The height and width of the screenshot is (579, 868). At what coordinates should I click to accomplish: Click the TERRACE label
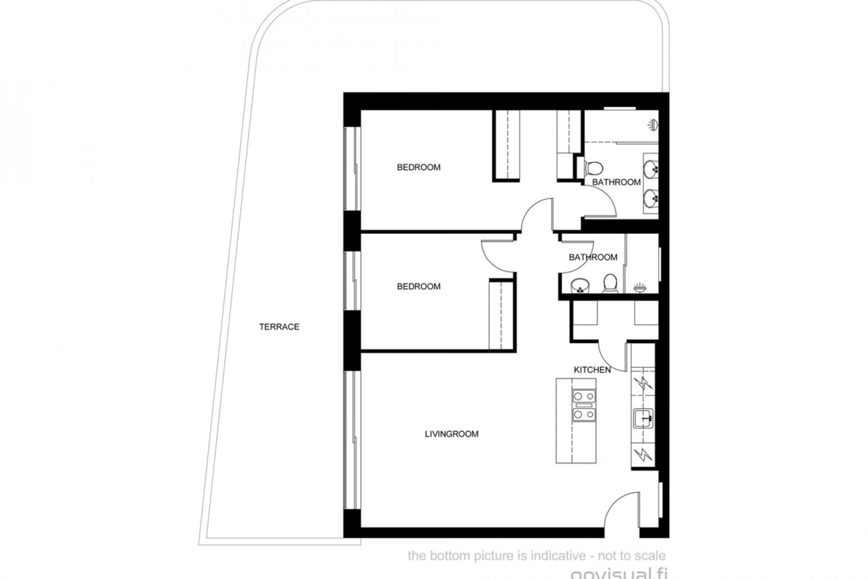(279, 327)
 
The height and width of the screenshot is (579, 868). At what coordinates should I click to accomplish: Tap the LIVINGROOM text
(451, 434)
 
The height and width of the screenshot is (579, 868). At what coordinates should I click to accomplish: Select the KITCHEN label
(592, 370)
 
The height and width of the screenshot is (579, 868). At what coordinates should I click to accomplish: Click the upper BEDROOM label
(419, 167)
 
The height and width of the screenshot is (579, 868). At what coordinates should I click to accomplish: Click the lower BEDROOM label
(419, 286)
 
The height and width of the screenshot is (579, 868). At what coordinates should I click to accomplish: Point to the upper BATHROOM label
(616, 182)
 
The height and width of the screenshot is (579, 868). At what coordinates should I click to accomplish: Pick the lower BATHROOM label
(593, 257)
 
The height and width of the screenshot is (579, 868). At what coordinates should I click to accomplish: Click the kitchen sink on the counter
(642, 418)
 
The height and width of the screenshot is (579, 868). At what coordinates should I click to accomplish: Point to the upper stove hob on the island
(584, 397)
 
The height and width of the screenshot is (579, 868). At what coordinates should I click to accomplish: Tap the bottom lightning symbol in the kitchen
(642, 455)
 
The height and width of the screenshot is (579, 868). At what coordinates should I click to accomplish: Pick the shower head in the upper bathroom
(652, 125)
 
